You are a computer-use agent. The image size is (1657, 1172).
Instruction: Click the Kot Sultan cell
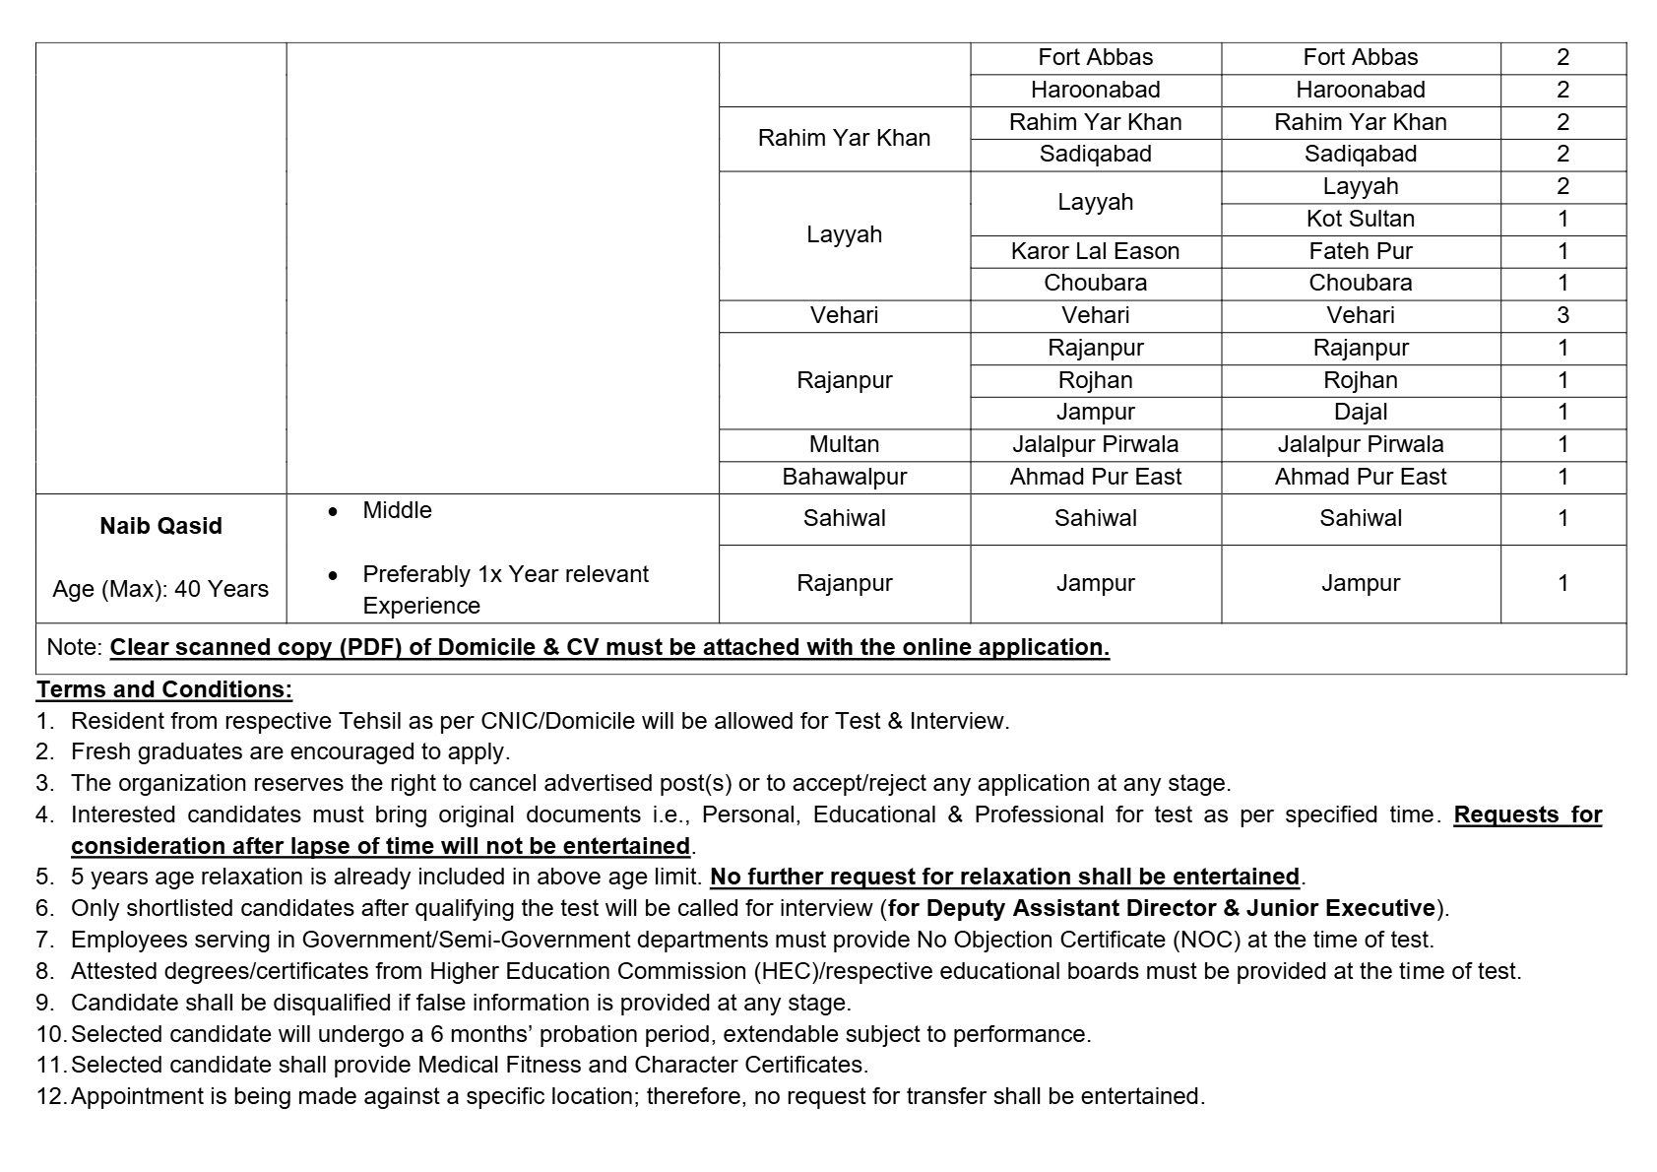point(1360,219)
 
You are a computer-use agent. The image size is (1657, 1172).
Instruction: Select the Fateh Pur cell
point(1360,251)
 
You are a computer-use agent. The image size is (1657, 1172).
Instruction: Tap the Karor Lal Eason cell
point(1095,251)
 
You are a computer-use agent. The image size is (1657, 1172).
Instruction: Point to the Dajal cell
point(1360,412)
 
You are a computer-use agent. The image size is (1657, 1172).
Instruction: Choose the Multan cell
point(844,444)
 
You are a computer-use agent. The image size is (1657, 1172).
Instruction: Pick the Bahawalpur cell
point(844,477)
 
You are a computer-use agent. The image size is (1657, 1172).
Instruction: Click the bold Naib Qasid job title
point(160,526)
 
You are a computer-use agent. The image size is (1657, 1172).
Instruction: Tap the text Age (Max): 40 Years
point(160,589)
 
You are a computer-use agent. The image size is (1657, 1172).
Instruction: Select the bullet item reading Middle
point(397,510)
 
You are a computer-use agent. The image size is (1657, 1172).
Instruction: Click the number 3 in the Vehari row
point(1562,315)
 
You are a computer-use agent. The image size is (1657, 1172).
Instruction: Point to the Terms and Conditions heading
point(164,689)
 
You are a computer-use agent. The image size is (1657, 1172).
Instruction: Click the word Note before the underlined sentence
point(73,647)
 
